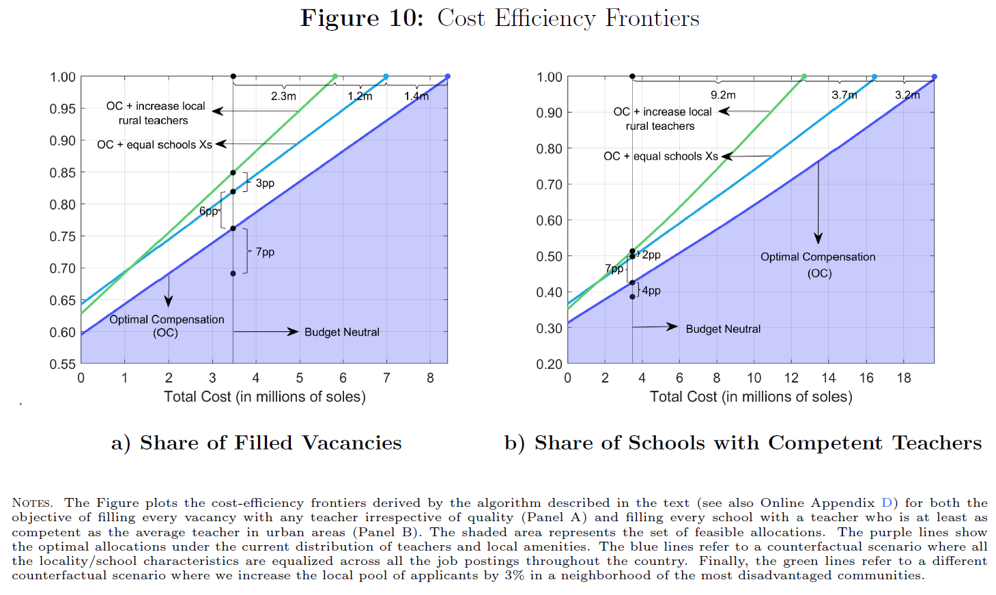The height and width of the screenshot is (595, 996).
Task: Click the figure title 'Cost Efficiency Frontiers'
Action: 568,18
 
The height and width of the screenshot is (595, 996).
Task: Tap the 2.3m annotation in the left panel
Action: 283,96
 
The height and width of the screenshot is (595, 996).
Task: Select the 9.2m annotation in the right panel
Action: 723,95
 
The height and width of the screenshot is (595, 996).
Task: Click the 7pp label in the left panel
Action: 265,252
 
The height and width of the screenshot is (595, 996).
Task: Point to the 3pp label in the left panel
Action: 265,183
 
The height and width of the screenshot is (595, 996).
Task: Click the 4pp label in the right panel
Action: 651,290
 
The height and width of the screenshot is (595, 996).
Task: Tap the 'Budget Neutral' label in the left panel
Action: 341,332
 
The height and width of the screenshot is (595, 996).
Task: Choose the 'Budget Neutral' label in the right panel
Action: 723,329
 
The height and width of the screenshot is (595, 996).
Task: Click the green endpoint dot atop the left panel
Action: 335,77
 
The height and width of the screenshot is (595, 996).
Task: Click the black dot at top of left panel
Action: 233,77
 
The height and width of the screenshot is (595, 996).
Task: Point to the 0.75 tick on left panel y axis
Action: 62,236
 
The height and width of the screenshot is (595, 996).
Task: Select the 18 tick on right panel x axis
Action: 903,378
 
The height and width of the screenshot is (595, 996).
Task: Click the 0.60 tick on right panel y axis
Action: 549,221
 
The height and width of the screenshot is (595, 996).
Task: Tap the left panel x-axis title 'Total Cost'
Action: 265,397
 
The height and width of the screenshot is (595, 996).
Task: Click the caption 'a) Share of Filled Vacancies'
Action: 257,443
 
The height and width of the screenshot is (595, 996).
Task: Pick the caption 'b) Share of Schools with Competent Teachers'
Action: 743,443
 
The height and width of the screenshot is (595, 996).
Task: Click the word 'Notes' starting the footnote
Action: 32,503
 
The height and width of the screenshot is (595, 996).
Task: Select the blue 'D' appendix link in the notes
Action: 887,503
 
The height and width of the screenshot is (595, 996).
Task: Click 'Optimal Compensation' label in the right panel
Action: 818,257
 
